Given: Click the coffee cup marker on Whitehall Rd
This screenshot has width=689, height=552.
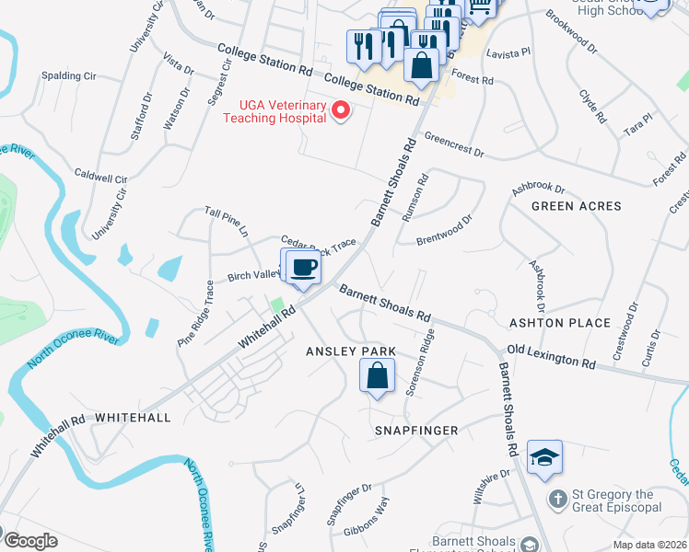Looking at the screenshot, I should tap(303, 269).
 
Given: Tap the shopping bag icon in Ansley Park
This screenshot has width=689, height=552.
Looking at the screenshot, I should tap(377, 375).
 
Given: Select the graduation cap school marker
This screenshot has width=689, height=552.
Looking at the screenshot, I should tap(544, 457).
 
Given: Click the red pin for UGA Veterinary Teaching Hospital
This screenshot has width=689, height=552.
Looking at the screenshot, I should tap(341, 111).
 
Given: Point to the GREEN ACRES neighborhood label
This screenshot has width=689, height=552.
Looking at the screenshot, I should tap(577, 206).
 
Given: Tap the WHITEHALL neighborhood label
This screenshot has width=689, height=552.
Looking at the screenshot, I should tap(133, 418).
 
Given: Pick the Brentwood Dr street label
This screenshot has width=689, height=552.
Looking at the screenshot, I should tap(444, 228).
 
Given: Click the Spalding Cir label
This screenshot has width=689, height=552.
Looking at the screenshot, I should tap(68, 75).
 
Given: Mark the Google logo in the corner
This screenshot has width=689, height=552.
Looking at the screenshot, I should tap(31, 541).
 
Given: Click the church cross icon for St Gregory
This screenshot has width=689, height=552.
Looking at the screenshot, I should tap(555, 500).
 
